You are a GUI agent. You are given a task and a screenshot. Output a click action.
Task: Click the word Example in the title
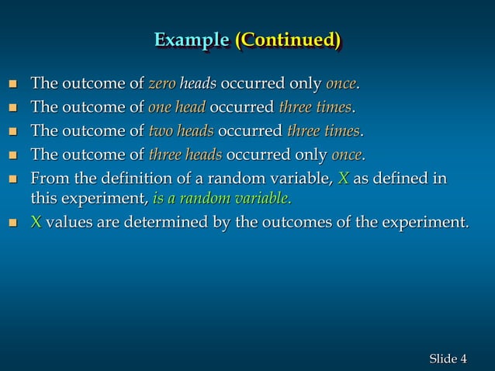click(x=191, y=40)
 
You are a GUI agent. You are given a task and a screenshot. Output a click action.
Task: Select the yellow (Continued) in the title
click(x=288, y=40)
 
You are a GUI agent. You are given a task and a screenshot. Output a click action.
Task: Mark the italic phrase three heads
click(x=185, y=153)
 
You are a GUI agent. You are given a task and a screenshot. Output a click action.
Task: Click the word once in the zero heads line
click(x=341, y=83)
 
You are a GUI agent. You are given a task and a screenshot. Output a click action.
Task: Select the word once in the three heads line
click(x=347, y=153)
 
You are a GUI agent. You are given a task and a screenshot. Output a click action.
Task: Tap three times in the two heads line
click(x=323, y=130)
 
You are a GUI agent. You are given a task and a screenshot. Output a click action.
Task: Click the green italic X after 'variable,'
click(x=343, y=179)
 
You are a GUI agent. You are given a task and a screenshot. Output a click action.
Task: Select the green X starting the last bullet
click(x=35, y=223)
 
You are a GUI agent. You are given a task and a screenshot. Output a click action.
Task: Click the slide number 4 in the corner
click(x=463, y=358)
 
